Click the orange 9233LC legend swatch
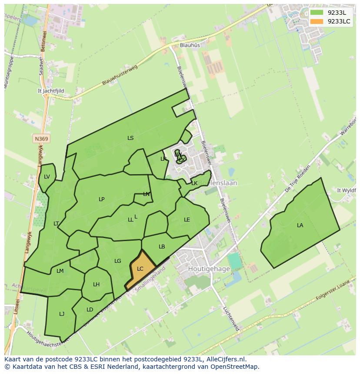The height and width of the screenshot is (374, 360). [x=317, y=21]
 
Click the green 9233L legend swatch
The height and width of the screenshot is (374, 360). [x=317, y=13]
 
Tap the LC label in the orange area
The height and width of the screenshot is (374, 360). [x=140, y=269]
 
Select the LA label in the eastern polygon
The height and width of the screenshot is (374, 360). [x=300, y=225]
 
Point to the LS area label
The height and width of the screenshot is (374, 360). [x=130, y=138]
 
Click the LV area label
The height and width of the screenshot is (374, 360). [x=47, y=176]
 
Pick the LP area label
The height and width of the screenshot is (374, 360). [x=101, y=199]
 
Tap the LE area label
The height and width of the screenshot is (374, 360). [x=187, y=219]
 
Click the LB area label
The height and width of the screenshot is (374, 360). [x=162, y=246]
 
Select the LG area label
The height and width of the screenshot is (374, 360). [x=118, y=261]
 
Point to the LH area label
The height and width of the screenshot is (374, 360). [x=96, y=285]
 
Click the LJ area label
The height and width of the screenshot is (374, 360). [x=62, y=314]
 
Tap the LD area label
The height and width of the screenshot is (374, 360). [x=90, y=309]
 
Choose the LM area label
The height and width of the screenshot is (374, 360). [x=60, y=271]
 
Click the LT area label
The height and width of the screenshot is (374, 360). [x=56, y=223]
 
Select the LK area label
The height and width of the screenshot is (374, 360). [x=194, y=183]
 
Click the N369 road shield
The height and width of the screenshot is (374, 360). [x=42, y=139]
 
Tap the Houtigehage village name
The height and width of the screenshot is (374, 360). [x=209, y=269]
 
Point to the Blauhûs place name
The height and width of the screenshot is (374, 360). [x=190, y=45]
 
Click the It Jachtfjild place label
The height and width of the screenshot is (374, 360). [x=51, y=91]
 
